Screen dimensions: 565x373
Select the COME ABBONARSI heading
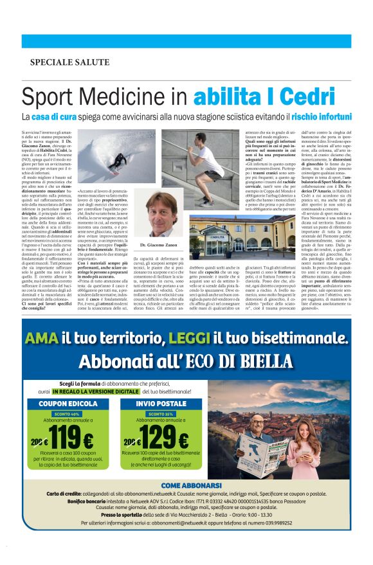[x=186, y=485]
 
